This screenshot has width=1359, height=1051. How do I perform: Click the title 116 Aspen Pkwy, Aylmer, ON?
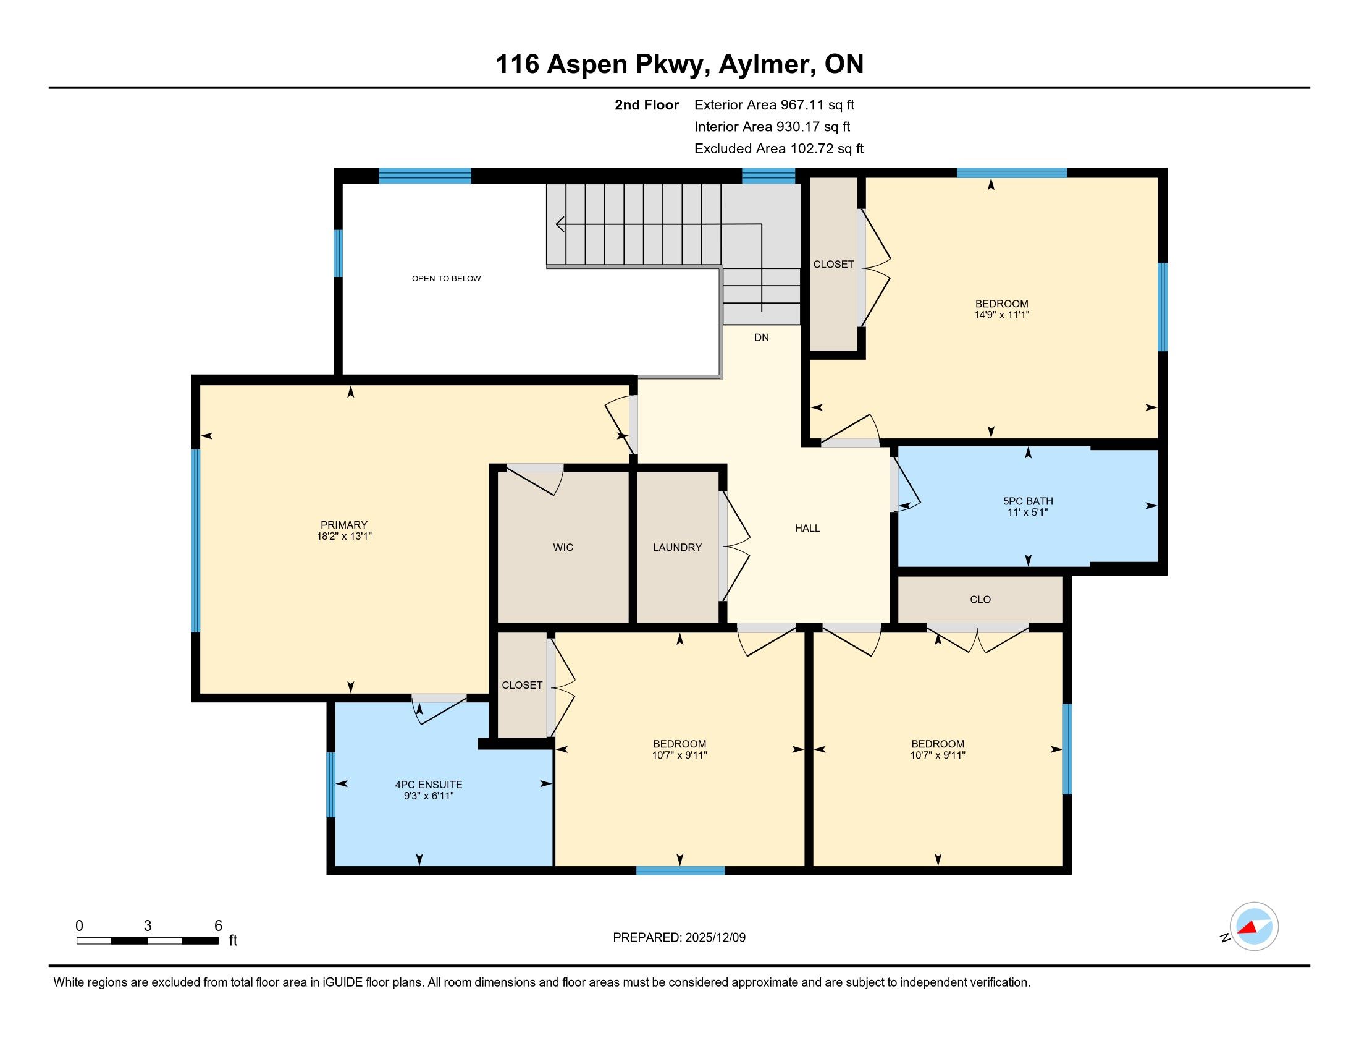[679, 64]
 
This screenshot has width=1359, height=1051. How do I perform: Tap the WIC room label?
[563, 547]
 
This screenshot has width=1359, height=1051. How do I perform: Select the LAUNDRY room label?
[677, 547]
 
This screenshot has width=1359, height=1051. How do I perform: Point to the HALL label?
[807, 528]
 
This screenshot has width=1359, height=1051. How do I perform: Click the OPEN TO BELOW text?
[446, 278]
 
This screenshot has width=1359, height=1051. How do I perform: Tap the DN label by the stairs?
[762, 338]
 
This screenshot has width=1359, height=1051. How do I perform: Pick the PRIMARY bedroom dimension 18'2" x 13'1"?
[344, 536]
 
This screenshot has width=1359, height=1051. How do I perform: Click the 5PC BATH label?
[1028, 501]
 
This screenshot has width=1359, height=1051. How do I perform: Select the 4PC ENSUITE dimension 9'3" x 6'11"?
[429, 796]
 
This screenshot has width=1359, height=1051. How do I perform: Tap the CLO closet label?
[980, 600]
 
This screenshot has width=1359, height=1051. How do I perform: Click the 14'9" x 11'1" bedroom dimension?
[1002, 315]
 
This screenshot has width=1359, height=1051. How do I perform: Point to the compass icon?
[1254, 927]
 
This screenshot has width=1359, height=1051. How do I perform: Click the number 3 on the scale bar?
[148, 926]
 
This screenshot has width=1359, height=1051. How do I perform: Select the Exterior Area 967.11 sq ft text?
[774, 104]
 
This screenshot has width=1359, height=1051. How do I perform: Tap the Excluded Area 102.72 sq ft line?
[779, 148]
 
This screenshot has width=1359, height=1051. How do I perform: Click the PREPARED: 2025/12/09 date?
[679, 937]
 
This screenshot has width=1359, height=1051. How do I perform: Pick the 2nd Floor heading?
[647, 104]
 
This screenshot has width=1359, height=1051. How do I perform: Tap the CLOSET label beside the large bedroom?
[833, 264]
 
